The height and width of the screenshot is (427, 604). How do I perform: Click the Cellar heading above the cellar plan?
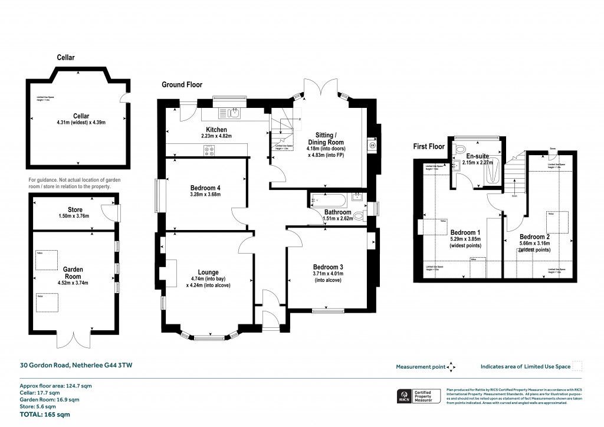(x=65, y=58)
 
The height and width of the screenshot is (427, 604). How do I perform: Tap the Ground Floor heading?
(x=182, y=85)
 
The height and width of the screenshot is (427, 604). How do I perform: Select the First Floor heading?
(x=428, y=146)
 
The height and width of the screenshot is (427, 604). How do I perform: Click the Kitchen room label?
(x=216, y=130)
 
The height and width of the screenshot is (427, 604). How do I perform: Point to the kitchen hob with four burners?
(x=209, y=150)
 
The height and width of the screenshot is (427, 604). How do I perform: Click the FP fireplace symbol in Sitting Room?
(x=372, y=144)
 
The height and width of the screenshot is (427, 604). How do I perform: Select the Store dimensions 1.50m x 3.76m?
(x=74, y=216)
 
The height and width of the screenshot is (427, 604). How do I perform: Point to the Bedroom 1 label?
(x=465, y=232)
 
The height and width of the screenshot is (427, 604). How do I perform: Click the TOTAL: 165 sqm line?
(x=45, y=415)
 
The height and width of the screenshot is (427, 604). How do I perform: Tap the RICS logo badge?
(x=405, y=396)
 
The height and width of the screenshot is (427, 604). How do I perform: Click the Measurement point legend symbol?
(x=452, y=367)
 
